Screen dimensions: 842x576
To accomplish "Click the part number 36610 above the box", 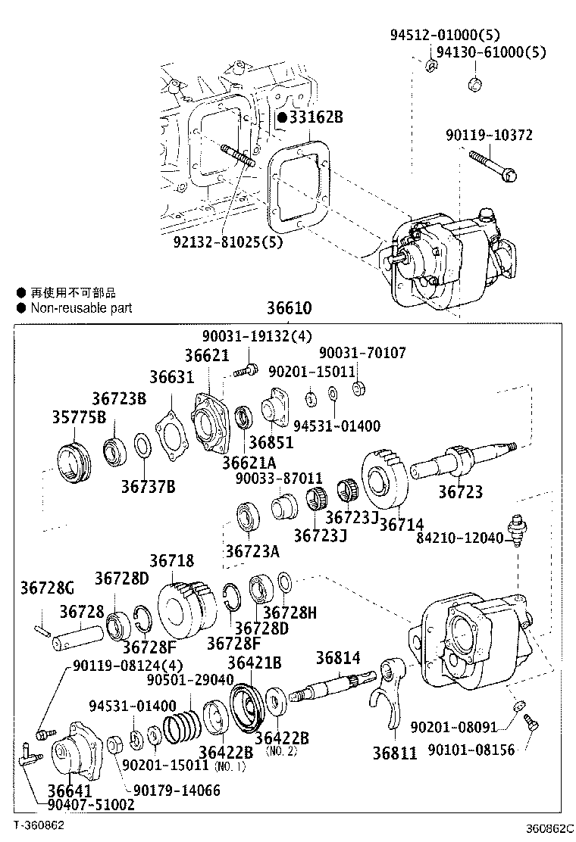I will [x=289, y=309].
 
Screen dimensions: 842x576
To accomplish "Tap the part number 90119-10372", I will [x=499, y=136].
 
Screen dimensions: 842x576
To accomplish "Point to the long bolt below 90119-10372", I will [x=493, y=166].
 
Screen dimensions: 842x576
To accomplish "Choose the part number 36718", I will [x=172, y=561].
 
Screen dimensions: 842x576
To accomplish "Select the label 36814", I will [x=339, y=657].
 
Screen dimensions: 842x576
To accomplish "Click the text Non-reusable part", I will [x=81, y=307].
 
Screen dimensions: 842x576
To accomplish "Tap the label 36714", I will [x=401, y=523].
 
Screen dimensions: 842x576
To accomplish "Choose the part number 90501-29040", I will [x=191, y=679].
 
